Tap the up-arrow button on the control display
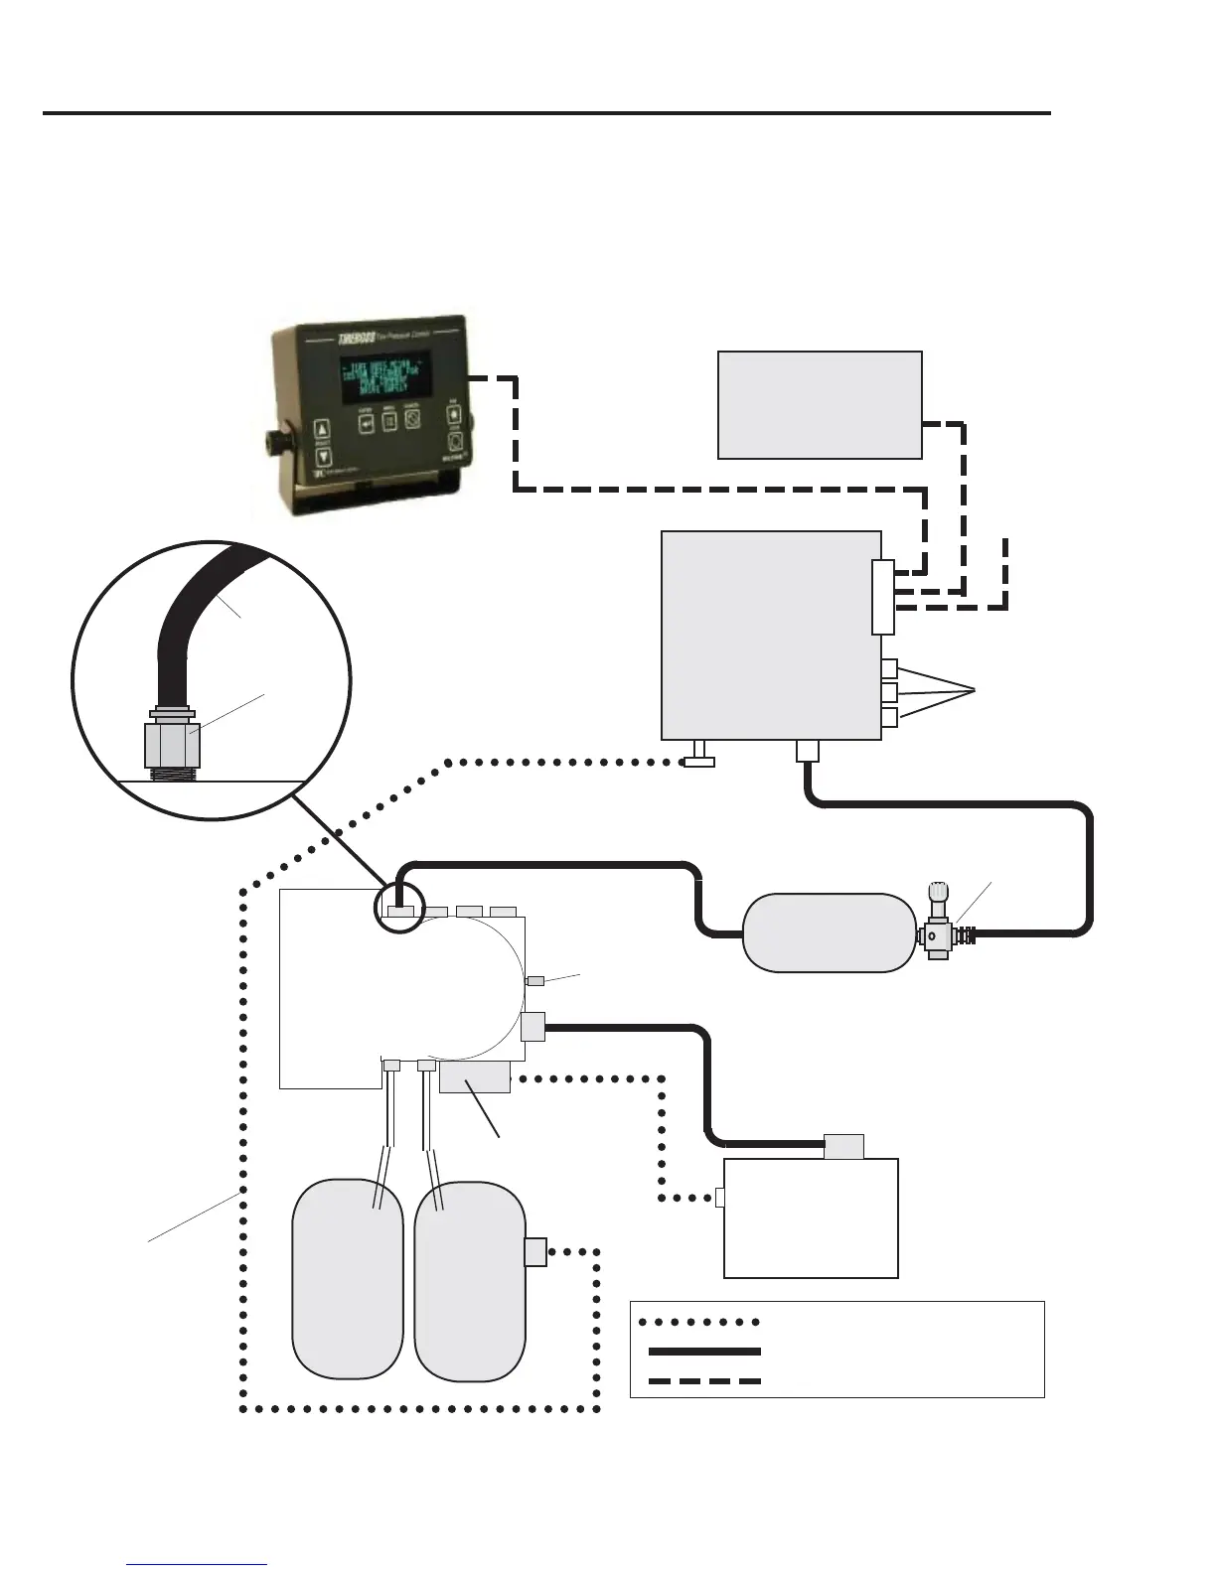[321, 430]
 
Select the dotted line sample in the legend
[699, 1322]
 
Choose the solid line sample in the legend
[703, 1351]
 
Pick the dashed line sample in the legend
[703, 1380]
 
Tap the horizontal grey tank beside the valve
[829, 932]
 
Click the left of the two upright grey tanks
[348, 1279]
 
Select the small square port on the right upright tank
[535, 1251]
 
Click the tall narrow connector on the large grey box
[882, 597]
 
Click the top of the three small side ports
[889, 668]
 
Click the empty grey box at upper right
[820, 404]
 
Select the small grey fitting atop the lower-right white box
[843, 1146]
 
